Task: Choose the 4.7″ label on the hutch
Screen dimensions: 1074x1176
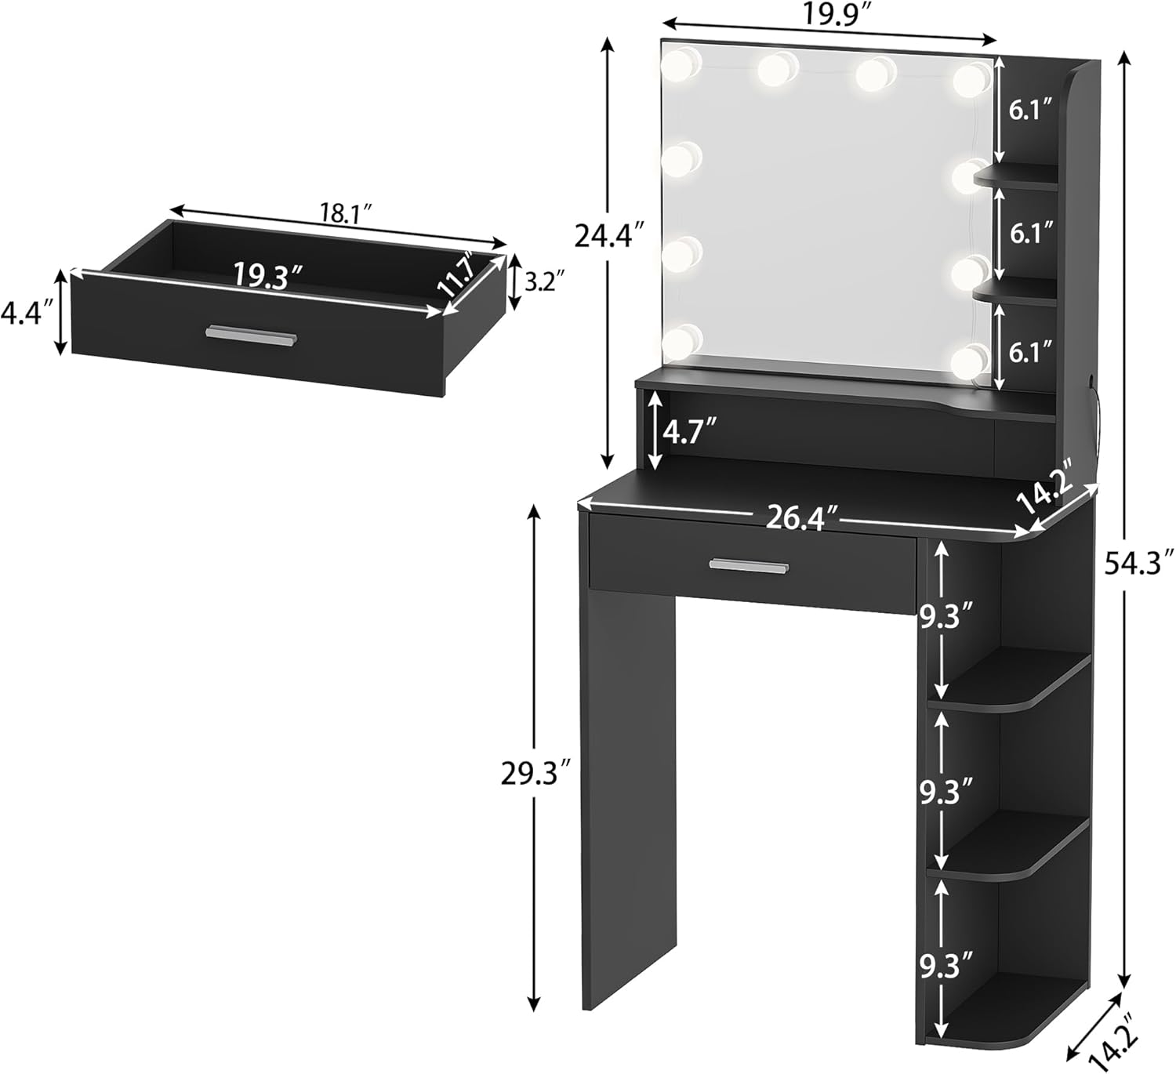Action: point(689,430)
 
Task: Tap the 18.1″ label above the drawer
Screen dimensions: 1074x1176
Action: point(345,214)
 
